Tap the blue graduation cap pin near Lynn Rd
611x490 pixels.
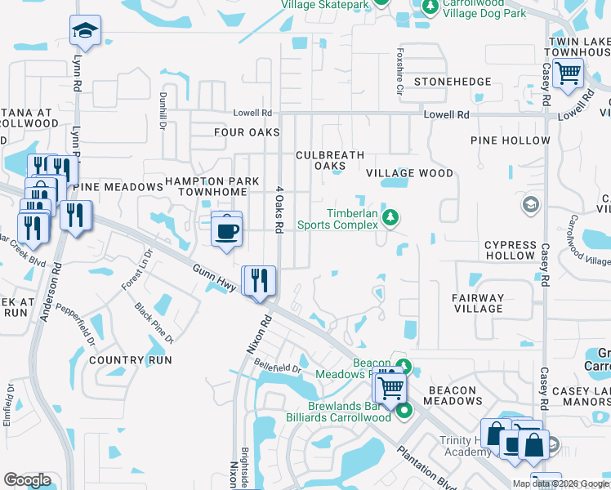click(85, 31)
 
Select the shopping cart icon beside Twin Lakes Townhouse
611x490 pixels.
click(568, 73)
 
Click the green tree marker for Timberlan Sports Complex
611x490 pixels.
click(391, 216)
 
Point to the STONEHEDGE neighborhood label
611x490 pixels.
click(453, 82)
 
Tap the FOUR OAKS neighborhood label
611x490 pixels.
click(247, 132)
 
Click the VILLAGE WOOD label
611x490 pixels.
click(409, 173)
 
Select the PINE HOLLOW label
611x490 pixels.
click(511, 140)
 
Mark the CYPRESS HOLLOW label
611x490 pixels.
click(510, 250)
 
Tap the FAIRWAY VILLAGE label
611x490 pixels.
click(479, 303)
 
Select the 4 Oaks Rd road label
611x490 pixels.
click(279, 210)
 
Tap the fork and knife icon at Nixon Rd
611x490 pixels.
click(261, 281)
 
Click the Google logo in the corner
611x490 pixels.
click(27, 480)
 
